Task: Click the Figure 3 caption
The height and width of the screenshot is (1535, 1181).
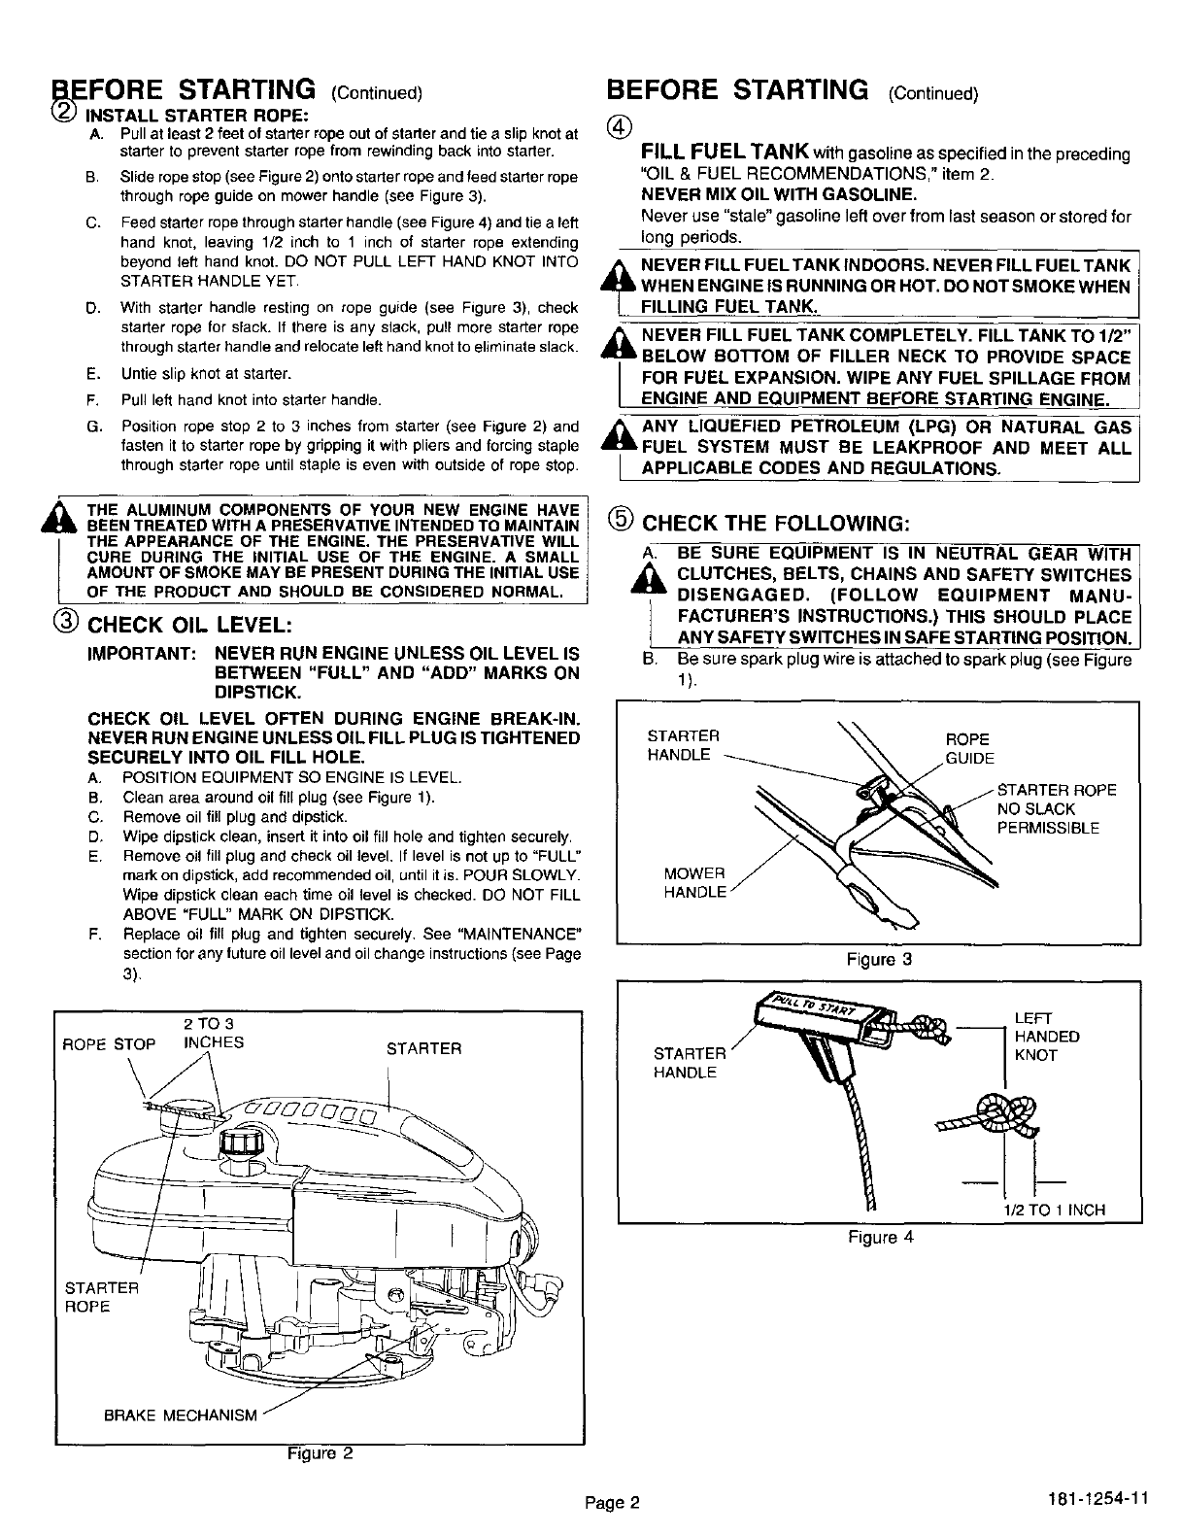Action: click(x=879, y=960)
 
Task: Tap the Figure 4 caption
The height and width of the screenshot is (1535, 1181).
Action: click(x=879, y=1237)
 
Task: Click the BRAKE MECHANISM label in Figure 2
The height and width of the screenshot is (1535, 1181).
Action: click(x=181, y=1416)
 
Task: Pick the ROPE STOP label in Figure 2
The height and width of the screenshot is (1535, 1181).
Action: click(x=108, y=1045)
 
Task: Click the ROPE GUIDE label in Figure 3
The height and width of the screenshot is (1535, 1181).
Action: click(x=969, y=748)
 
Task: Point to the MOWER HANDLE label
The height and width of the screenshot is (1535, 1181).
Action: click(x=694, y=882)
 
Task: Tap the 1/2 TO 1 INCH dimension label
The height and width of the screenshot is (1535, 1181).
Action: click(x=1054, y=1210)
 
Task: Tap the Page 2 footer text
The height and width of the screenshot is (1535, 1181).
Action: click(x=613, y=1503)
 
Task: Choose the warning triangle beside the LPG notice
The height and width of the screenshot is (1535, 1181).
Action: click(x=616, y=435)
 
